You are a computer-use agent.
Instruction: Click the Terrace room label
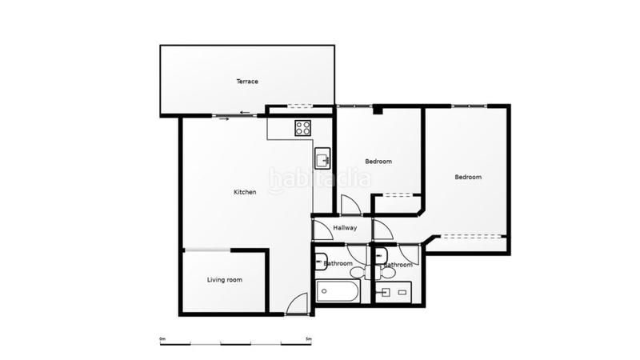246,82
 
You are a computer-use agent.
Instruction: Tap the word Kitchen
245,192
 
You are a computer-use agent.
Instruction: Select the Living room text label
225,280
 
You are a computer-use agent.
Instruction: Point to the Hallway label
346,229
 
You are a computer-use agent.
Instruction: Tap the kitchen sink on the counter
322,157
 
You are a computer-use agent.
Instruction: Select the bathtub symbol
338,290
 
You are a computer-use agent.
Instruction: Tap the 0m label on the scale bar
162,339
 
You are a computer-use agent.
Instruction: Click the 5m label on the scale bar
308,339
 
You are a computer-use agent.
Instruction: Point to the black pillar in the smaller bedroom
378,111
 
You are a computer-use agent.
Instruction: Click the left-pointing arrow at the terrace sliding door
245,112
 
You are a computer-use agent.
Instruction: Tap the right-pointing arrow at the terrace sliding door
223,119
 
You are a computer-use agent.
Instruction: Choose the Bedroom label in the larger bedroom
468,177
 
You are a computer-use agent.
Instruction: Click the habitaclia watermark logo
319,178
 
